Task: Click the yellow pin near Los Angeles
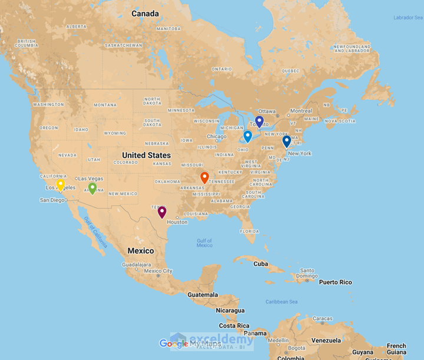(60, 184)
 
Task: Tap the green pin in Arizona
(92, 188)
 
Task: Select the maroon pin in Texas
(162, 212)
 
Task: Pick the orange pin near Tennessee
(204, 177)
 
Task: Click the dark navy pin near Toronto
(259, 121)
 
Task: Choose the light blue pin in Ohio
(248, 136)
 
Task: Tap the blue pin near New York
(286, 141)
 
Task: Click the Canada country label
(145, 14)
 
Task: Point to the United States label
(146, 156)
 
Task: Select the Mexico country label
(141, 251)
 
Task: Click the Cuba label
(261, 263)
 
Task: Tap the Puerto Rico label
(336, 282)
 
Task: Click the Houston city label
(177, 222)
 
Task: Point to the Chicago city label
(217, 137)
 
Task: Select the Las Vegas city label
(91, 179)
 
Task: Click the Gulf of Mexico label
(204, 243)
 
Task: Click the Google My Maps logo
(190, 344)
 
